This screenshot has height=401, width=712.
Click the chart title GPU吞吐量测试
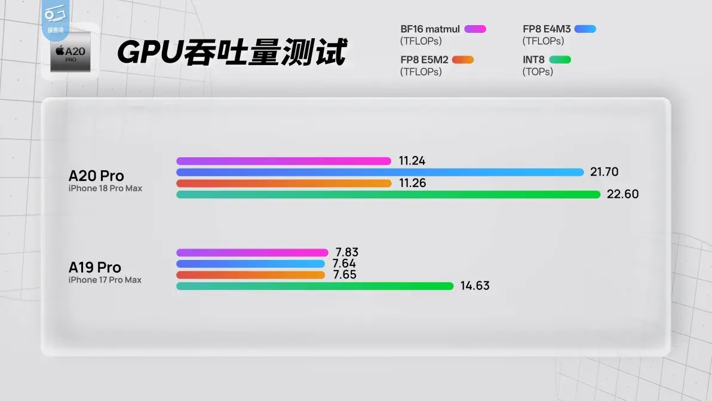click(232, 52)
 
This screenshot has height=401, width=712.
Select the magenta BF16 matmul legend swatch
click(475, 29)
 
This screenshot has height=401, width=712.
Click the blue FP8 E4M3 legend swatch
click(585, 29)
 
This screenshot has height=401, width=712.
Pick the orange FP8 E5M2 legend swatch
click(463, 60)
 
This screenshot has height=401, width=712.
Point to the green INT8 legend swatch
click(560, 60)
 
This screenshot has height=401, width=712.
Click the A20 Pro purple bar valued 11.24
click(284, 161)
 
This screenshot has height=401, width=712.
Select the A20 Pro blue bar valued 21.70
click(380, 172)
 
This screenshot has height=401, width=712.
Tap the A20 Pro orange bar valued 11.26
click(284, 183)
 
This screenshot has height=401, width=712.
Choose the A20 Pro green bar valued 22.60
click(388, 194)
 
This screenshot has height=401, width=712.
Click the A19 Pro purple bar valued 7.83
click(252, 253)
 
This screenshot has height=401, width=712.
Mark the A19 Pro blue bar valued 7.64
click(251, 264)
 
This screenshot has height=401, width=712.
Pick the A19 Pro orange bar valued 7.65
click(251, 275)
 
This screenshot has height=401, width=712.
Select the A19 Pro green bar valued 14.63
click(315, 286)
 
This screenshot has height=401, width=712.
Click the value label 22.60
click(622, 194)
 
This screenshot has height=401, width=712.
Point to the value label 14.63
click(475, 286)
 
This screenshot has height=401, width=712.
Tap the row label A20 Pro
click(96, 176)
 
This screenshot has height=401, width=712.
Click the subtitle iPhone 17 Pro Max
click(105, 280)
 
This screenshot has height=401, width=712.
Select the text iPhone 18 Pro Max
click(105, 188)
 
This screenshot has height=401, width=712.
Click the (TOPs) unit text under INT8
click(538, 72)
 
